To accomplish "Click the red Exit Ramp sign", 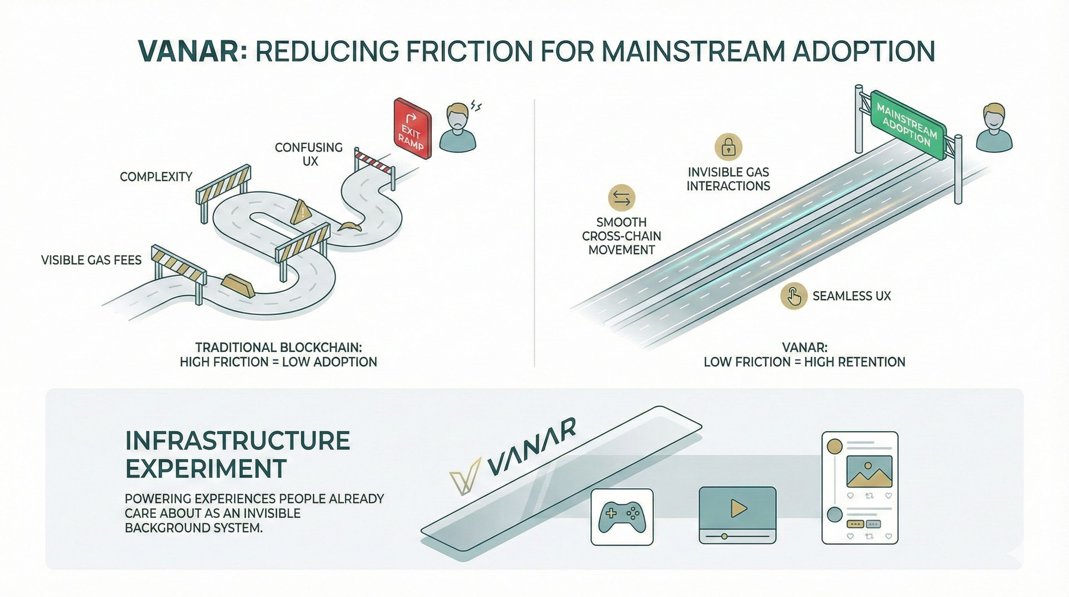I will [x=412, y=129].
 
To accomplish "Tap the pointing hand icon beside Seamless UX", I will [x=794, y=296].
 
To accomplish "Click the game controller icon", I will [x=622, y=517].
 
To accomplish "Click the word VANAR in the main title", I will [x=189, y=51].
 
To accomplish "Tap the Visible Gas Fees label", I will [x=91, y=260].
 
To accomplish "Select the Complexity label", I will [x=156, y=177].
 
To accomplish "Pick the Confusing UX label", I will [x=309, y=154].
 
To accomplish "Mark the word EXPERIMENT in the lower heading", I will [x=206, y=468].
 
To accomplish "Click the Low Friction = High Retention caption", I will [x=804, y=361].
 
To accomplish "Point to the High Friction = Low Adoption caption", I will [x=279, y=361].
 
